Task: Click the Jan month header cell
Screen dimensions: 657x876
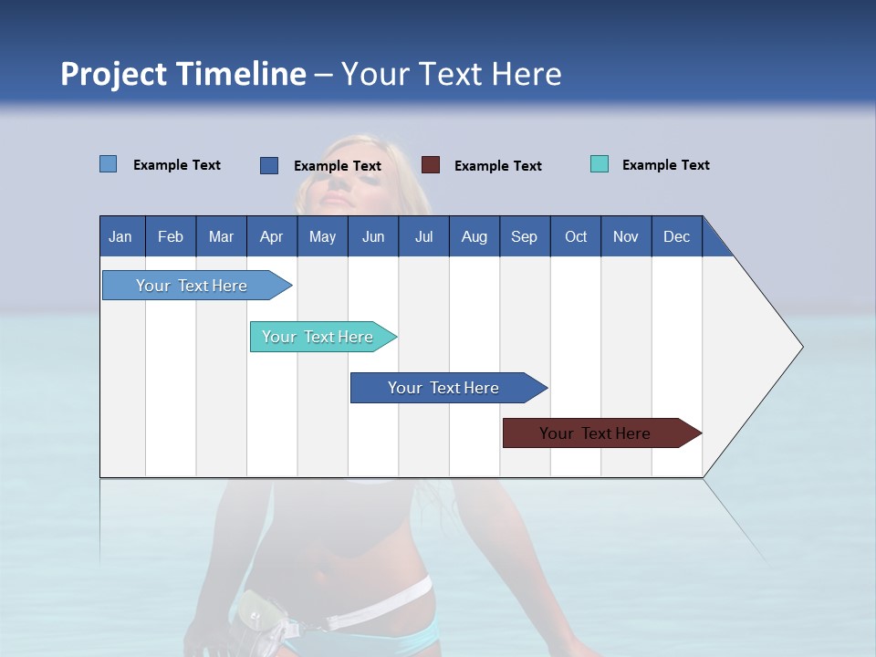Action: click(x=121, y=236)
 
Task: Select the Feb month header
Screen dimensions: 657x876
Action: click(x=171, y=236)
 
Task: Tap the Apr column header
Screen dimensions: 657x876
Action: click(x=272, y=236)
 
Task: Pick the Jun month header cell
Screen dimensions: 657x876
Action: click(x=373, y=236)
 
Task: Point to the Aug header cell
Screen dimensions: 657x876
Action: click(x=474, y=236)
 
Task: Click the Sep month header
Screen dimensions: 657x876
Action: click(x=525, y=236)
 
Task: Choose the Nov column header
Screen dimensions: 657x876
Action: click(x=626, y=236)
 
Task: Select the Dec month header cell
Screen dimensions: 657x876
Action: click(x=677, y=236)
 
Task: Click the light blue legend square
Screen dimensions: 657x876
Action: click(x=109, y=164)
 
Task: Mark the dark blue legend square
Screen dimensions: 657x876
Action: click(x=269, y=165)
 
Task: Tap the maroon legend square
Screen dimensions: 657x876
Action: click(x=431, y=165)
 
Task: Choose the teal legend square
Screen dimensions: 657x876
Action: click(x=600, y=164)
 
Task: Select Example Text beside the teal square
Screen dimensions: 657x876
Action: click(x=665, y=165)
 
